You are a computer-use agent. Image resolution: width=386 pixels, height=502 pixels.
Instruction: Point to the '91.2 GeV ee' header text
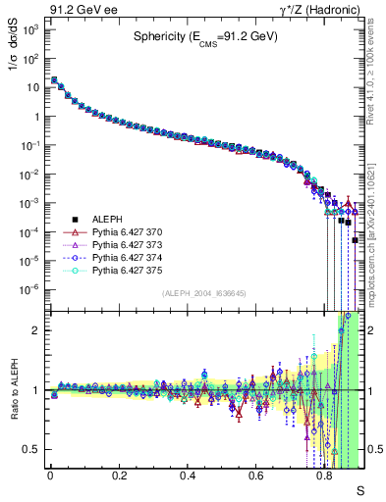click(76, 9)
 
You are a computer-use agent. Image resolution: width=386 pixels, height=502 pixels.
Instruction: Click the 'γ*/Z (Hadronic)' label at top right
click(323, 9)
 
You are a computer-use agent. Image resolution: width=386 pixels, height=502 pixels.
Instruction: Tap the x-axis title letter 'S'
click(359, 488)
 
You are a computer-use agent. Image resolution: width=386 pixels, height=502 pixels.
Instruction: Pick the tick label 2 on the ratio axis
click(35, 330)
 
